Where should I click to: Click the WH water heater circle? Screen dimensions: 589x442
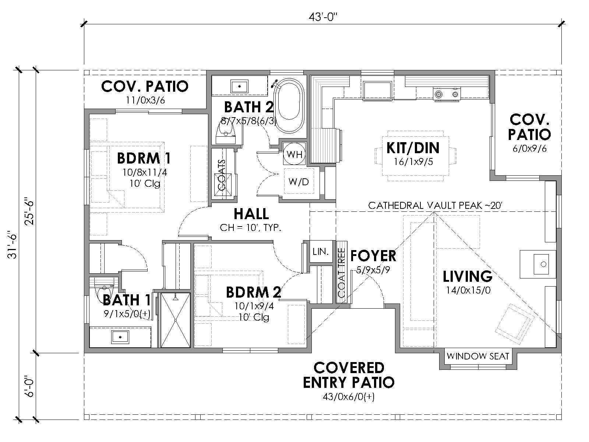pyautogui.click(x=294, y=154)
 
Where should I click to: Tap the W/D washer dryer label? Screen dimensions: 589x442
pyautogui.click(x=299, y=182)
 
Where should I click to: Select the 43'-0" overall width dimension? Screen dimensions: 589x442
pyautogui.click(x=322, y=17)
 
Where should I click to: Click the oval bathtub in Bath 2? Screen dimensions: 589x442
pyautogui.click(x=290, y=106)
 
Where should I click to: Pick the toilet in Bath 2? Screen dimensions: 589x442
pyautogui.click(x=225, y=133)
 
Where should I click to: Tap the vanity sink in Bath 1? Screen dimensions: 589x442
pyautogui.click(x=120, y=337)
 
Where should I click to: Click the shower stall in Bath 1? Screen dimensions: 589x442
pyautogui.click(x=175, y=320)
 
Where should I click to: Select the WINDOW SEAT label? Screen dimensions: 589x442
pyautogui.click(x=477, y=356)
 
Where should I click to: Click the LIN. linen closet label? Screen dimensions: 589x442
pyautogui.click(x=321, y=252)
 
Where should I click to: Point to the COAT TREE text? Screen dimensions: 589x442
pyautogui.click(x=341, y=273)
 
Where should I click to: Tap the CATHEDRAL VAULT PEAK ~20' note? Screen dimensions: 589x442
pyautogui.click(x=435, y=206)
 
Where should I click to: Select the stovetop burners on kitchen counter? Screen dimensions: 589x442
pyautogui.click(x=447, y=94)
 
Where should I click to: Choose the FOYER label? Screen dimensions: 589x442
pyautogui.click(x=373, y=256)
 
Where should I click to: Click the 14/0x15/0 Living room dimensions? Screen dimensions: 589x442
pyautogui.click(x=468, y=290)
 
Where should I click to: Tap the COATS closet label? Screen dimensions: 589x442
pyautogui.click(x=222, y=175)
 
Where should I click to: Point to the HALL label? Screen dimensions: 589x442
pyautogui.click(x=251, y=214)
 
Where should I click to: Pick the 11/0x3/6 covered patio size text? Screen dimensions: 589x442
pyautogui.click(x=145, y=100)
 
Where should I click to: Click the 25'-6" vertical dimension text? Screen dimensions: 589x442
pyautogui.click(x=29, y=212)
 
